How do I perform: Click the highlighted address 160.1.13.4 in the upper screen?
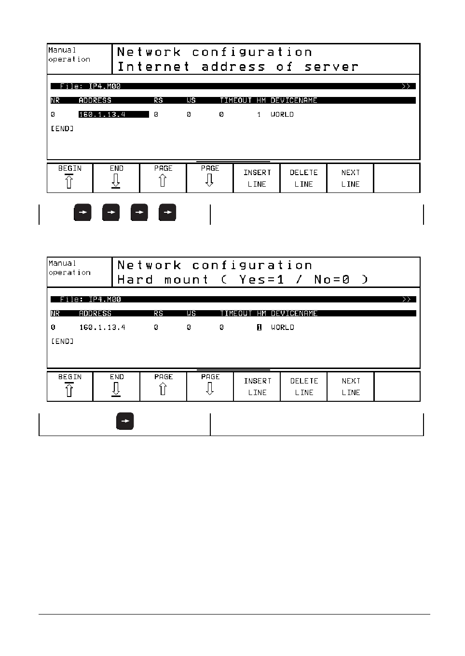[x=113, y=114]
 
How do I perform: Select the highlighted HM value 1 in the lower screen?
[x=259, y=328]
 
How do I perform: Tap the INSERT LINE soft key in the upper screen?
[x=257, y=178]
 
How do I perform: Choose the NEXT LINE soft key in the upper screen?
[x=350, y=178]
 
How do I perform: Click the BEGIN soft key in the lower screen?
[x=69, y=386]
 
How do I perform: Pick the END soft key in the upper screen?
[x=116, y=178]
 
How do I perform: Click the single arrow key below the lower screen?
[x=125, y=421]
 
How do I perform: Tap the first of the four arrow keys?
[x=82, y=212]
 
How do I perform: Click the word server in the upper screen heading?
[x=331, y=67]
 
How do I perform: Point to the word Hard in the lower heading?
[x=135, y=280]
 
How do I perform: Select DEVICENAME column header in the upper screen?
[x=294, y=100]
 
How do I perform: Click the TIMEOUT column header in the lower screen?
[x=236, y=314]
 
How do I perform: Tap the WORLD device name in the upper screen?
[x=282, y=114]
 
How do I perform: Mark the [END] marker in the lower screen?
[x=62, y=342]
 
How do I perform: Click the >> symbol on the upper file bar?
[x=406, y=86]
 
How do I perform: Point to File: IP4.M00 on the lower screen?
[x=90, y=300]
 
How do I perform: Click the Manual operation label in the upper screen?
[x=69, y=55]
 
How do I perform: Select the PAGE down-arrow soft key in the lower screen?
[x=210, y=386]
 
